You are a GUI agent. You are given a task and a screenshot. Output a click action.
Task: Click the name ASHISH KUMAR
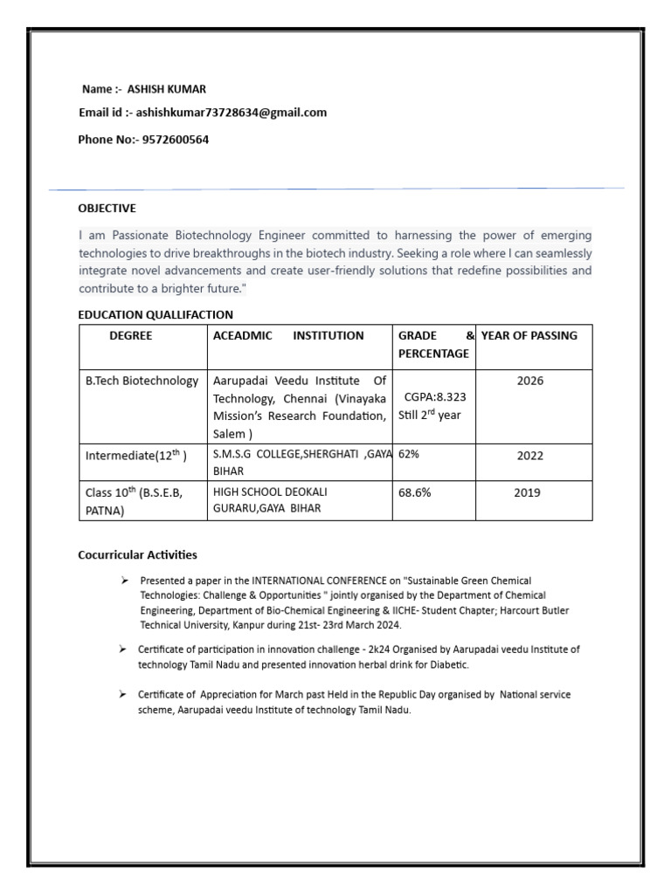(167, 89)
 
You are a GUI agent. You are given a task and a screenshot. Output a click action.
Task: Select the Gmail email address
(232, 113)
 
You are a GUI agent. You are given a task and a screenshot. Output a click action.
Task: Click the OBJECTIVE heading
(107, 209)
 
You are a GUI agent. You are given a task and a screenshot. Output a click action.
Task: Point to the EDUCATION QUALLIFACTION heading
(156, 314)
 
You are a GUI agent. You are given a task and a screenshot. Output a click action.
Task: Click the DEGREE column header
(131, 335)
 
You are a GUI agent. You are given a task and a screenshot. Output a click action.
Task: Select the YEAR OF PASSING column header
(529, 335)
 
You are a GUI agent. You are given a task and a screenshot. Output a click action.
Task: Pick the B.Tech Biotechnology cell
(142, 382)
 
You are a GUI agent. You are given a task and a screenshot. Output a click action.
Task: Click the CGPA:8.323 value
(435, 397)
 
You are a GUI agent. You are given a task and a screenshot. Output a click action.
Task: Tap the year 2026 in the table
(529, 382)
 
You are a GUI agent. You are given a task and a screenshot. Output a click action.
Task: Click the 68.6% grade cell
(414, 492)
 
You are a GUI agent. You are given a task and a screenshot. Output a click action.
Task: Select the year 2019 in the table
(527, 492)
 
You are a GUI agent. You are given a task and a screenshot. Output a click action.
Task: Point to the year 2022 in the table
(529, 455)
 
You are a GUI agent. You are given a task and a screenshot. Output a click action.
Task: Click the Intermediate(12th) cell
(135, 455)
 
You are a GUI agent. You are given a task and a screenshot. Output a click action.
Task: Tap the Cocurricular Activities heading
(137, 554)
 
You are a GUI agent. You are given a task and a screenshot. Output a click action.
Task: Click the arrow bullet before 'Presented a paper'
(124, 581)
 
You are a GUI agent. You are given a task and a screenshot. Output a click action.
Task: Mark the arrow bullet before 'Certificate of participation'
(123, 650)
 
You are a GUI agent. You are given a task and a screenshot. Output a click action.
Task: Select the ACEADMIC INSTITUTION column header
(288, 335)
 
